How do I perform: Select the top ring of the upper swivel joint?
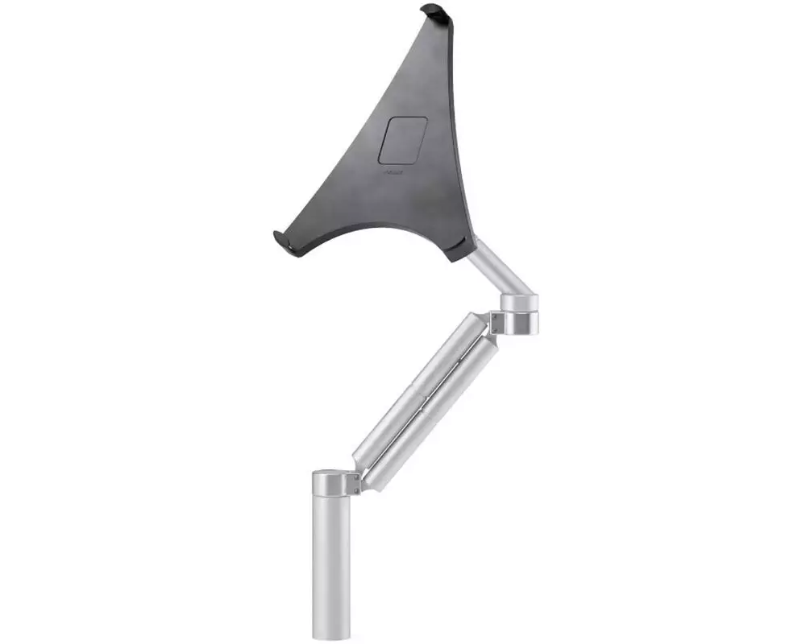pos(519,303)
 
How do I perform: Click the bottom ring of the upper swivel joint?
pos(518,324)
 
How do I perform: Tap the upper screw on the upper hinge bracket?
pos(494,316)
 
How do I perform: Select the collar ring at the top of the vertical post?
pos(332,485)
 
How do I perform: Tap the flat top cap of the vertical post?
pos(331,474)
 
